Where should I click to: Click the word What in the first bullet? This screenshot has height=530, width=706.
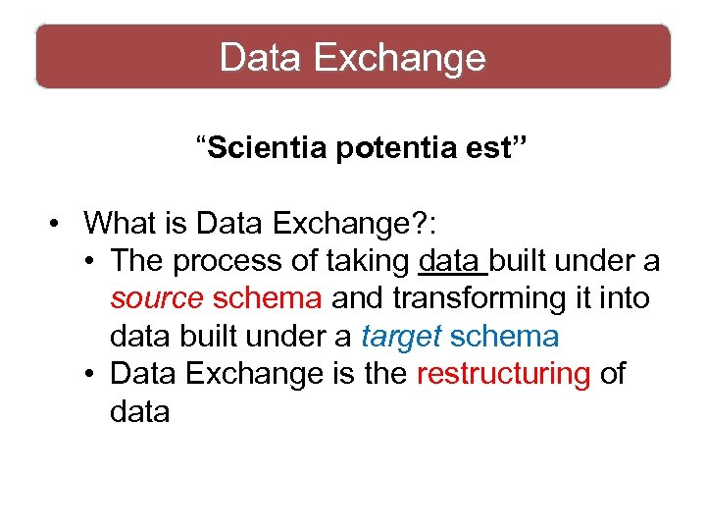pyautogui.click(x=122, y=223)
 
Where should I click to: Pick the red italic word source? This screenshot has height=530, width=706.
pyautogui.click(x=157, y=298)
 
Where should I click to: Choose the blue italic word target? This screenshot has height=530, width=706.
pyautogui.click(x=400, y=337)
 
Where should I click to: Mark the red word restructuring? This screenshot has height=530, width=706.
pyautogui.click(x=504, y=374)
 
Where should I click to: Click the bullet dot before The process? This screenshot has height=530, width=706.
pyautogui.click(x=88, y=261)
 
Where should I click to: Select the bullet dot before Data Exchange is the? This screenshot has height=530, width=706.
pyautogui.click(x=88, y=374)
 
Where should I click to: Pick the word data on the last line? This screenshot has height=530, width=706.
pyautogui.click(x=139, y=412)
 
